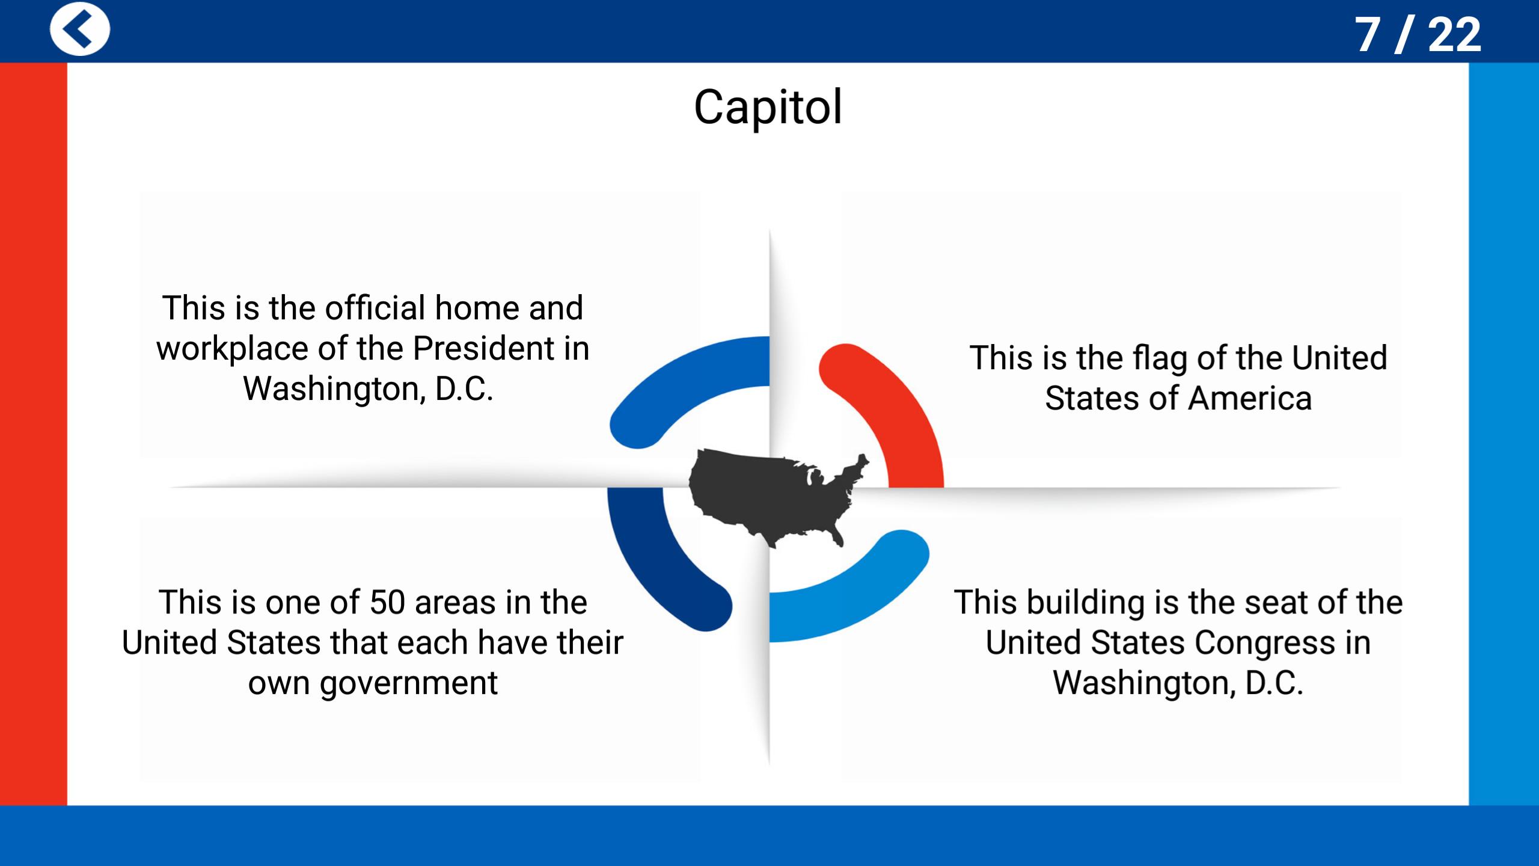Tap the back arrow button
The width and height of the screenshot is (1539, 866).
(x=80, y=29)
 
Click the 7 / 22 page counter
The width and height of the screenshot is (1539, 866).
(x=1418, y=35)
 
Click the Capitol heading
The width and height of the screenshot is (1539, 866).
(x=768, y=107)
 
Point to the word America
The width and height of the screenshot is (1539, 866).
(x=1250, y=399)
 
